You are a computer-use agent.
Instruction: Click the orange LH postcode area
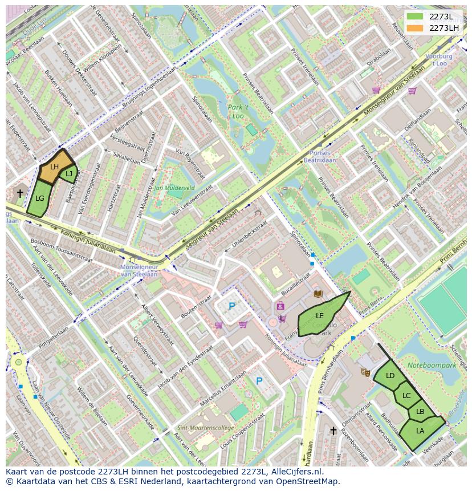(55, 168)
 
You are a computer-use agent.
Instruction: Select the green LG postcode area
(40, 199)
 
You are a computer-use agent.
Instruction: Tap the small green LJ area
(69, 174)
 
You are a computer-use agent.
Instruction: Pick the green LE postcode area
(320, 316)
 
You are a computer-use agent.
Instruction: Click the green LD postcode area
(390, 376)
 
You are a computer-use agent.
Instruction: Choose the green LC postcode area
(406, 395)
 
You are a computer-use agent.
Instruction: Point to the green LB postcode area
(420, 412)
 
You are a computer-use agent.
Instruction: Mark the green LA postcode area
(420, 432)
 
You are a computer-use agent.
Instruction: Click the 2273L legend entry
(433, 16)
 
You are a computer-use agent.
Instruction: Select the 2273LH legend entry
(433, 28)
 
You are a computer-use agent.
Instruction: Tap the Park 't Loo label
(238, 111)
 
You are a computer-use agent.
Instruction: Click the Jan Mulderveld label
(174, 187)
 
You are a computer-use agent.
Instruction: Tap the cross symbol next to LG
(21, 193)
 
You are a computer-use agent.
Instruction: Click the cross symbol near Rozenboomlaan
(333, 431)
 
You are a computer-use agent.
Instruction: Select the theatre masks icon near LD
(365, 372)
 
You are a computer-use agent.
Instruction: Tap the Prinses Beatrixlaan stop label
(319, 157)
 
